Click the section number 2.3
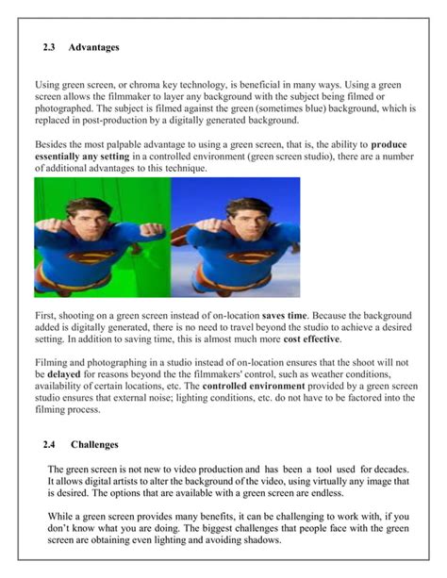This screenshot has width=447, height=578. [51, 46]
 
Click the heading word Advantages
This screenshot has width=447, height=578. [94, 46]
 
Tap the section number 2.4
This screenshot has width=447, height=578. [51, 444]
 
